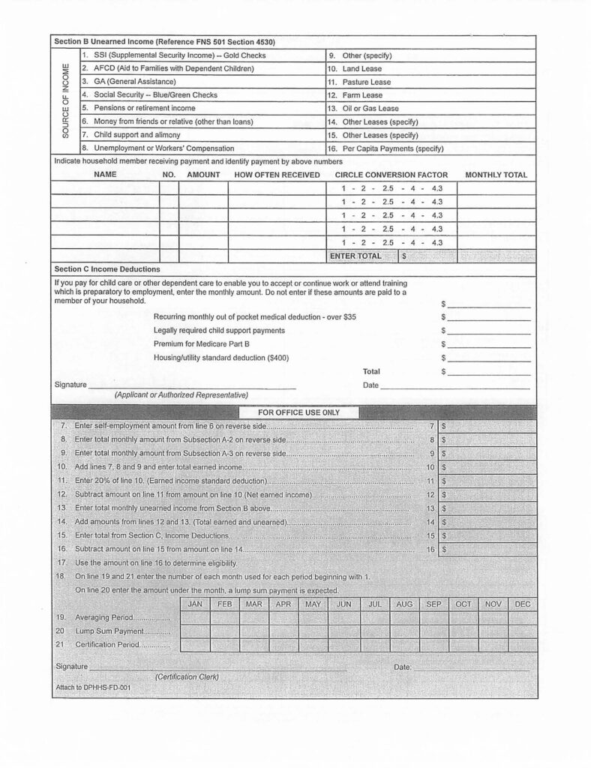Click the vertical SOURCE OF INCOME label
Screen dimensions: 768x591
[65, 101]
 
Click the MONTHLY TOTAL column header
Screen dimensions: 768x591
[496, 175]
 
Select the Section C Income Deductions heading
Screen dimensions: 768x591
[106, 268]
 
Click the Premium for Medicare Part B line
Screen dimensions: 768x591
[201, 343]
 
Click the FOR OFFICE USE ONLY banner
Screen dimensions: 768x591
[298, 412]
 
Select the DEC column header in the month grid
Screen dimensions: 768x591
[523, 604]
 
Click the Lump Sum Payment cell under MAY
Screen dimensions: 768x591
[313, 631]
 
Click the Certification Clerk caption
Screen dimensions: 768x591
[187, 677]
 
